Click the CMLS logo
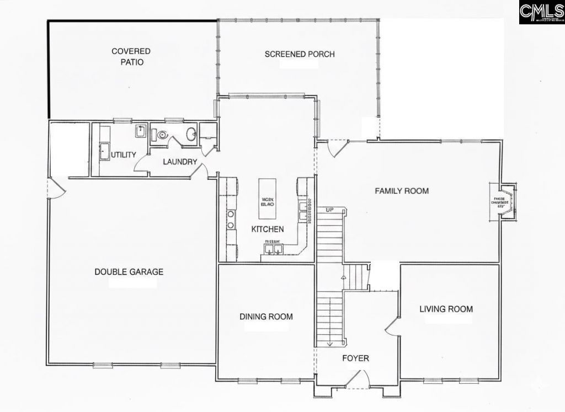click(x=541, y=12)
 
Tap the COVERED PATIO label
click(x=131, y=57)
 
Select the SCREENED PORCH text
click(x=300, y=54)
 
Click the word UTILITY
click(x=123, y=155)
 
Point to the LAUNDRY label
click(x=180, y=162)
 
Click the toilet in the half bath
click(x=162, y=134)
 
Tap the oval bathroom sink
click(x=190, y=134)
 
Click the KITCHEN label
click(x=268, y=229)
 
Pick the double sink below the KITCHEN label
click(x=273, y=250)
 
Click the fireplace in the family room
click(x=503, y=201)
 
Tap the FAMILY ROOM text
click(x=402, y=191)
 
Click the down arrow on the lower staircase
click(x=329, y=344)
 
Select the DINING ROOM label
click(x=266, y=317)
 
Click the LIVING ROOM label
click(x=446, y=309)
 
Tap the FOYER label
click(x=355, y=359)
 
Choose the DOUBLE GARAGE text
click(x=129, y=272)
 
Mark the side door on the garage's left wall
click(x=56, y=189)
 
